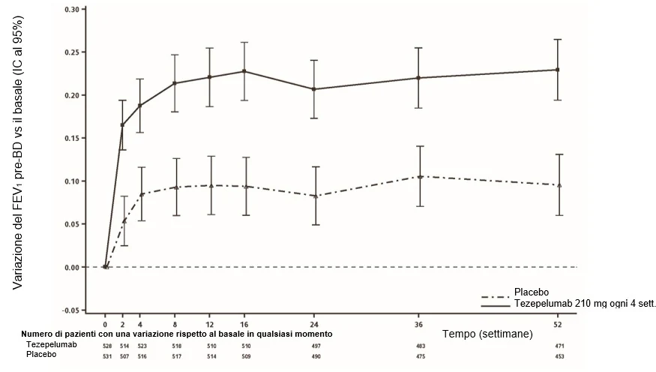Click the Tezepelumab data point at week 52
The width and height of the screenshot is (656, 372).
[558, 70]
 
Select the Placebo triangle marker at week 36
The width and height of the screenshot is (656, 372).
[420, 176]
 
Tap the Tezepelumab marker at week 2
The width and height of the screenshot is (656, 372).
[123, 125]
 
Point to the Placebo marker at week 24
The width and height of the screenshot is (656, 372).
[316, 196]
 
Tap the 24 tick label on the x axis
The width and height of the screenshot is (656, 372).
[314, 324]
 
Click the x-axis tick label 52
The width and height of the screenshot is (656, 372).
[558, 324]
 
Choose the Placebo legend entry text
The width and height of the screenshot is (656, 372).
[532, 292]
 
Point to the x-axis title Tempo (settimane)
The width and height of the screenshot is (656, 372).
[488, 334]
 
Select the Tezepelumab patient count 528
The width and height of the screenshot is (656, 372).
[107, 346]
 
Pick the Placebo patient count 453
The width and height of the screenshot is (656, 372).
[559, 356]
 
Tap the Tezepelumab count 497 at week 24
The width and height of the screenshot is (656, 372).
[316, 346]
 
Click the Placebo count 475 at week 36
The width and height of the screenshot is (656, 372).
[421, 356]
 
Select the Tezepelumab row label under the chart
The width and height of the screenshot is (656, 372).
[52, 344]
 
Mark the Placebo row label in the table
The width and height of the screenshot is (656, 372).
[41, 355]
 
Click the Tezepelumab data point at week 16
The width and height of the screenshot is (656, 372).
[244, 71]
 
